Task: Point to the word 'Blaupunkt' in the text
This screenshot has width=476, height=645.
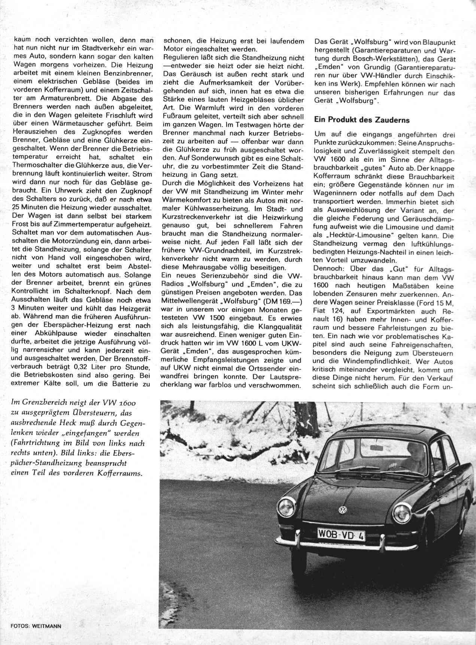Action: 439,42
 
